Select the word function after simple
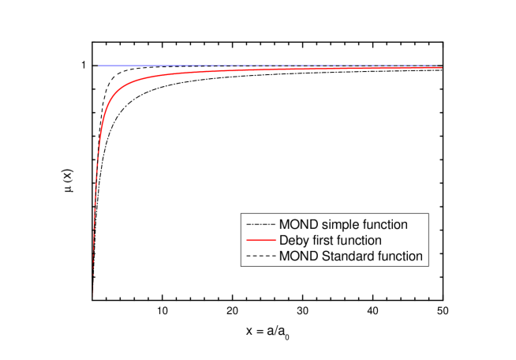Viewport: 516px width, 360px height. (384, 225)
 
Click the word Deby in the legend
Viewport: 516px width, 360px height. (293, 241)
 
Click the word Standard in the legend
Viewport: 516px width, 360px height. (345, 257)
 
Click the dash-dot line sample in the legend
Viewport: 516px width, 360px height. (260, 225)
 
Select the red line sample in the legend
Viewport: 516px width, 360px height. (260, 241)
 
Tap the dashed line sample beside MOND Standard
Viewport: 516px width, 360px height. (260, 257)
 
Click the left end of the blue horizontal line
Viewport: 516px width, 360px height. (99, 66)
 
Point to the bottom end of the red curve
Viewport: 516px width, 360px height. (94, 298)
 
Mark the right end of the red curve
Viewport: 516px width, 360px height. (441, 68)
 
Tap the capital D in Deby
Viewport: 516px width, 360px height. (284, 241)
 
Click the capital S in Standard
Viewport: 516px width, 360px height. (324, 257)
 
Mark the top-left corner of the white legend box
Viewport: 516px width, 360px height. (241, 214)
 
